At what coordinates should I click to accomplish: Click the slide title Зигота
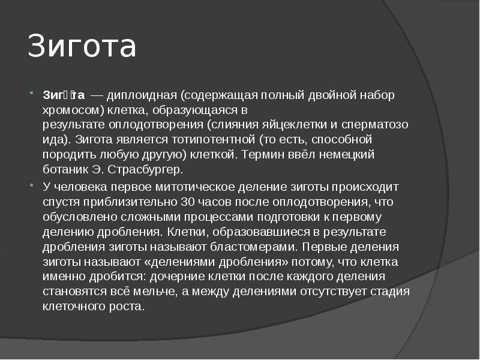click(82, 47)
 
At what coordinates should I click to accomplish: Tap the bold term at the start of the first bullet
click(64, 95)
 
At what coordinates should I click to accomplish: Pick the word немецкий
click(345, 154)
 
